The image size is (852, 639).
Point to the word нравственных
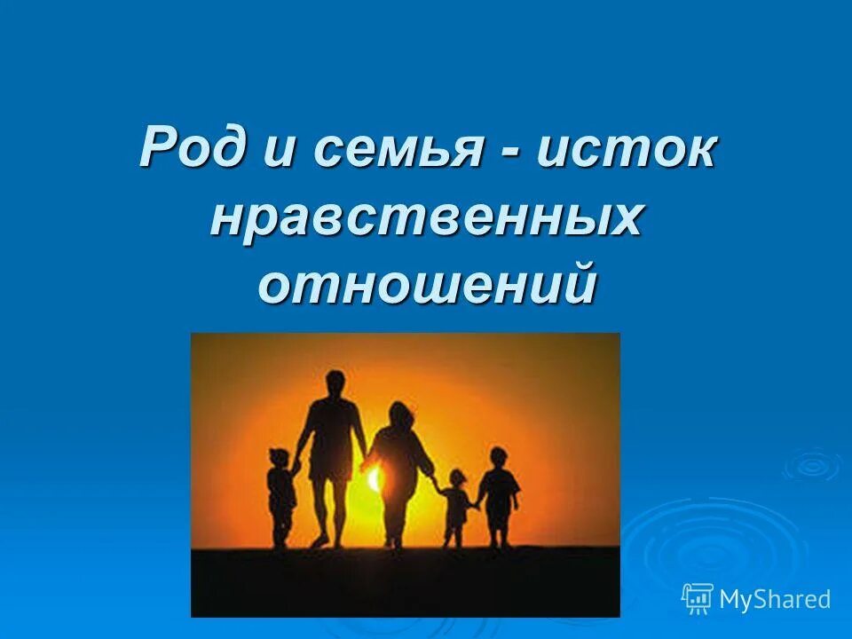(x=425, y=217)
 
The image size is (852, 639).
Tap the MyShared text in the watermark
(x=775, y=599)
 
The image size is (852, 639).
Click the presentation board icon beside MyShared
(x=698, y=598)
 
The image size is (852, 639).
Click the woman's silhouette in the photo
(x=398, y=470)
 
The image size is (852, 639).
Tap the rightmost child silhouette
(x=499, y=493)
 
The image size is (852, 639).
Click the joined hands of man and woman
(x=365, y=461)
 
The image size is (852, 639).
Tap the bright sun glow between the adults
(x=373, y=479)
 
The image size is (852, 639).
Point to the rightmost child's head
(x=499, y=458)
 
